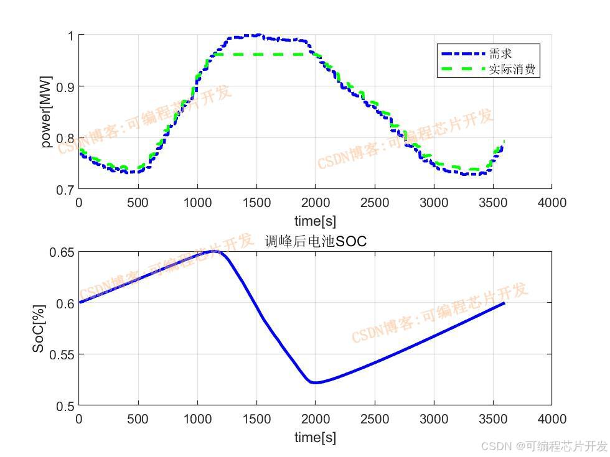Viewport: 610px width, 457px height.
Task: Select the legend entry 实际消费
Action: click(512, 69)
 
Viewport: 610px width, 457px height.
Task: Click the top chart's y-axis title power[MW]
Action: click(47, 113)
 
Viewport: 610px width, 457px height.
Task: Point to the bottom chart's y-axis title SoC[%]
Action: click(39, 329)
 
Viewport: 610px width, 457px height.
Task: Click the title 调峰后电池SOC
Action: click(316, 241)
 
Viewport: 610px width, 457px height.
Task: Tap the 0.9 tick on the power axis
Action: click(64, 86)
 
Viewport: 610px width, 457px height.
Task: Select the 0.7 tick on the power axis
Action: click(64, 189)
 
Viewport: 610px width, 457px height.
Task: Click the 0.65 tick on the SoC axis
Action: click(61, 252)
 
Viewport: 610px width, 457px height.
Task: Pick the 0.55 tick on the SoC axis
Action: click(61, 354)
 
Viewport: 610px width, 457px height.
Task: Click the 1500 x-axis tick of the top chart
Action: click(256, 203)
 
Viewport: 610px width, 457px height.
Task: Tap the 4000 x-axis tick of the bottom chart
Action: click(552, 419)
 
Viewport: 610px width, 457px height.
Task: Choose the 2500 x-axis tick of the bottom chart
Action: click(375, 419)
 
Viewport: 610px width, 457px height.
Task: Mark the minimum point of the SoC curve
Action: click(316, 382)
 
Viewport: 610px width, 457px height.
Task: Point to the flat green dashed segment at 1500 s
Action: click(256, 55)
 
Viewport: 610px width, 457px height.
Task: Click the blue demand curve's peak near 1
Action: click(256, 35)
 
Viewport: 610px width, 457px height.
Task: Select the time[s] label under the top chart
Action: click(316, 221)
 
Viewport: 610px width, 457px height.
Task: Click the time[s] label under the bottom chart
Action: click(316, 437)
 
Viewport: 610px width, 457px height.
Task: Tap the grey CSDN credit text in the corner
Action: click(544, 446)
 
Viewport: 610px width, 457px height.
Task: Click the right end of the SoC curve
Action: click(504, 303)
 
